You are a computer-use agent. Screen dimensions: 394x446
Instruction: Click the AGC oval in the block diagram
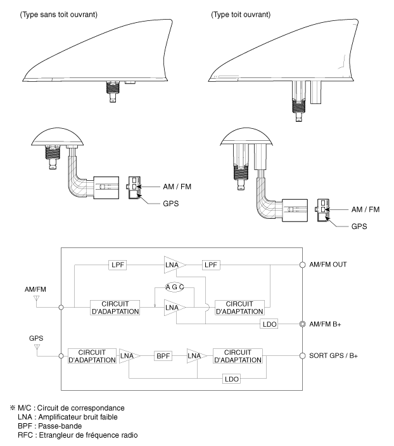point(174,287)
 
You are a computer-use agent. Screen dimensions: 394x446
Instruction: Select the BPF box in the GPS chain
point(163,356)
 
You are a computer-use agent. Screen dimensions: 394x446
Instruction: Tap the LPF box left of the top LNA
point(118,265)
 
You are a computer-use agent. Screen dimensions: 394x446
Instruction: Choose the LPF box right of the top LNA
point(211,265)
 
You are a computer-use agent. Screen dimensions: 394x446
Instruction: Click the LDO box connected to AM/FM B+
point(269,324)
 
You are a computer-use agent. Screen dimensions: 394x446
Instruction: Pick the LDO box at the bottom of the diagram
point(231,379)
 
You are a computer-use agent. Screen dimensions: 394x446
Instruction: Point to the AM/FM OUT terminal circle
point(303,265)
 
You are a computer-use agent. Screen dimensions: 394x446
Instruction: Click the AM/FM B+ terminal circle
point(303,324)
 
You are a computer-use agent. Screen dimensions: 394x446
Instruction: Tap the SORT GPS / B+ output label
point(333,356)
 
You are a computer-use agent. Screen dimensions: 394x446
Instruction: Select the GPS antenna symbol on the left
point(37,347)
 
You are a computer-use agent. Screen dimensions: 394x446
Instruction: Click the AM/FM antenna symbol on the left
point(36,298)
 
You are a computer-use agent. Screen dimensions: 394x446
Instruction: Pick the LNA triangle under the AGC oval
point(175,308)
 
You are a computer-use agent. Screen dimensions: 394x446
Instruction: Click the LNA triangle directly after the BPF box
point(196,356)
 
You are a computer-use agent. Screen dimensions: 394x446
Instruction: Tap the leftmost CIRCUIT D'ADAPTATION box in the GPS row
point(92,356)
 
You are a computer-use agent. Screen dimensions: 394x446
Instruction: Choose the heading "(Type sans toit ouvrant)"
point(58,15)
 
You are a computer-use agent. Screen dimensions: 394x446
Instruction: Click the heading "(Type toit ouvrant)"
point(241,15)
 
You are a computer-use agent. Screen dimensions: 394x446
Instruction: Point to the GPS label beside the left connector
point(171,204)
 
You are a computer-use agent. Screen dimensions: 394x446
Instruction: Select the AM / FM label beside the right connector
point(365,209)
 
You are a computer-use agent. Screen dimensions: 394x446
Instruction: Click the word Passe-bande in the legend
point(60,426)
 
